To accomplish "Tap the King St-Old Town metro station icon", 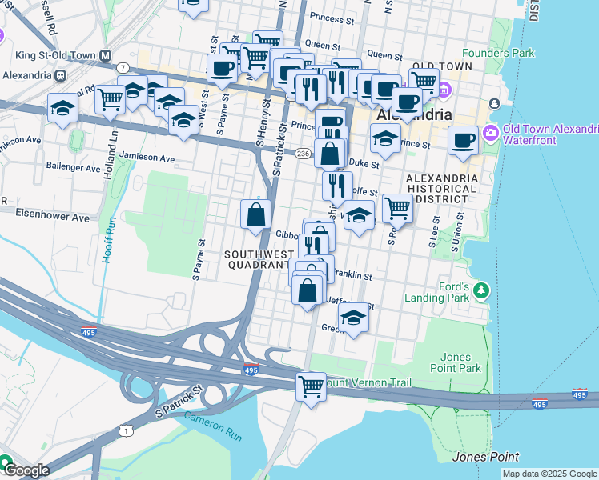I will click(x=60, y=74).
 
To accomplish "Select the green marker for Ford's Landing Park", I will click(x=480, y=289).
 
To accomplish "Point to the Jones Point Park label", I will click(x=460, y=362).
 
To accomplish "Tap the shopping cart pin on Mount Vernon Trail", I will click(x=311, y=386).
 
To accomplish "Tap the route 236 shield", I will click(x=304, y=153).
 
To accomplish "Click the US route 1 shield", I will click(x=125, y=431).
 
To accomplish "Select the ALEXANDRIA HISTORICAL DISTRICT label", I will click(x=442, y=188).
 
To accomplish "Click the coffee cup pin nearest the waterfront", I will click(x=463, y=141).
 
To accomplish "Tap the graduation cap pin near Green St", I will click(x=353, y=317).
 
